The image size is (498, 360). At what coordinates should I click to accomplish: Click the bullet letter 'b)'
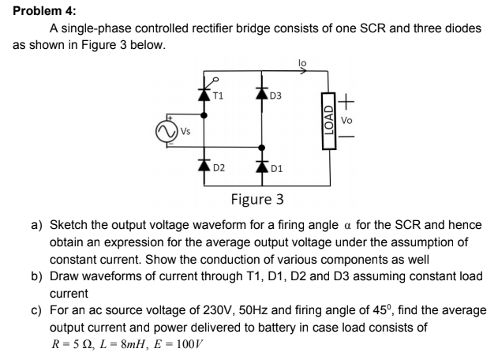36,276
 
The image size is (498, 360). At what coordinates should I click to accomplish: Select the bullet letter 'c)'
36,310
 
